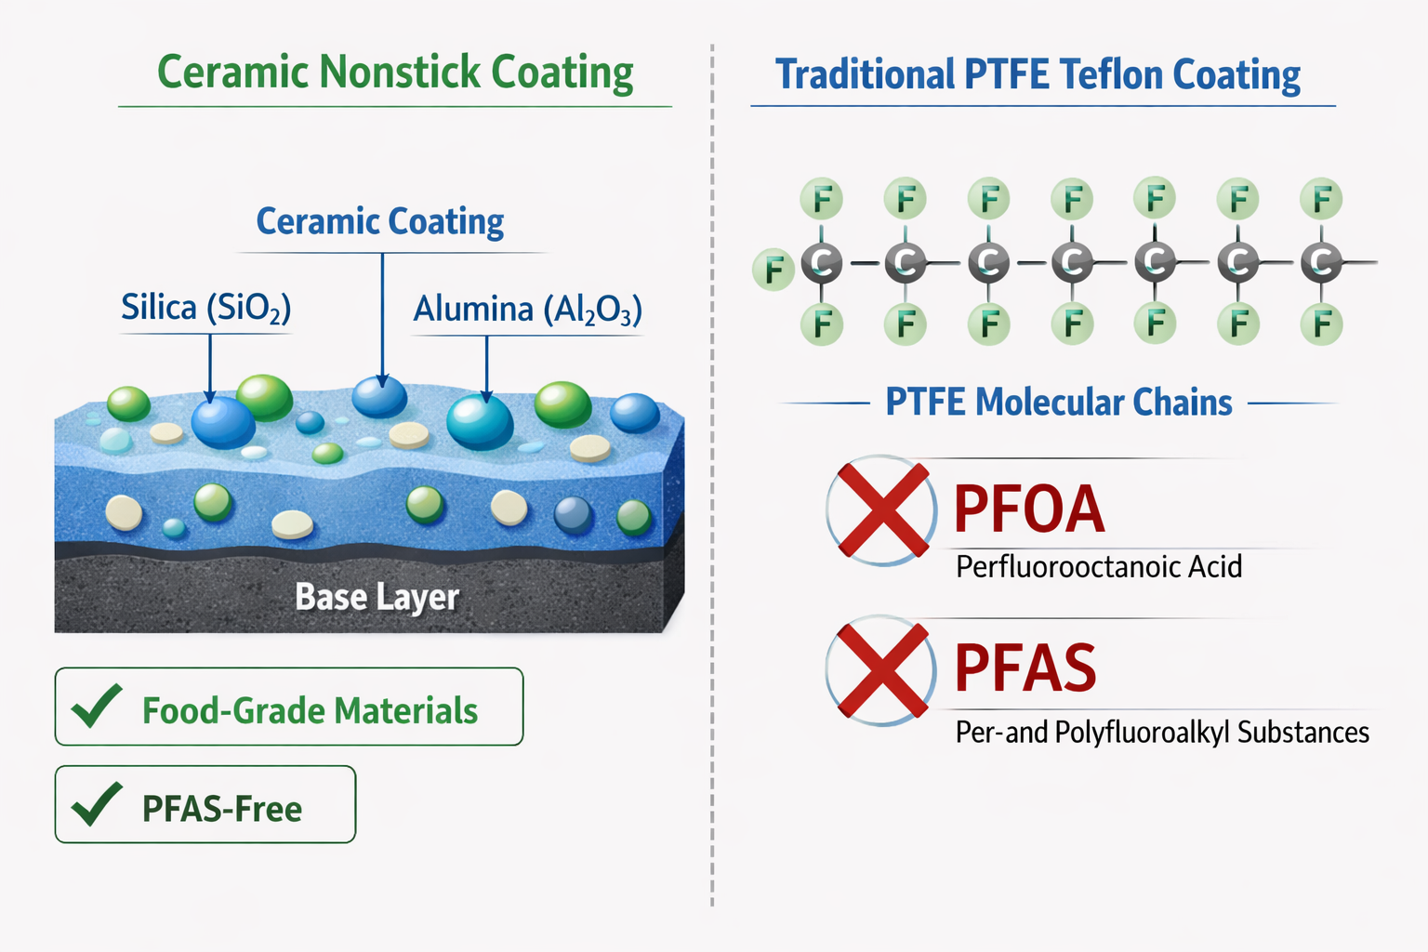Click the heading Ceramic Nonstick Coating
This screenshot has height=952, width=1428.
click(395, 73)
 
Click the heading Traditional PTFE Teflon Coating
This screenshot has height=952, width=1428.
click(1038, 74)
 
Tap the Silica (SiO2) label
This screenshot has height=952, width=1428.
click(206, 308)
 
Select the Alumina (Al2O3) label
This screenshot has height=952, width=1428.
click(527, 309)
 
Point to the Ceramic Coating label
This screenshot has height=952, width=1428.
click(379, 221)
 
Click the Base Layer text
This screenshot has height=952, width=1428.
click(377, 597)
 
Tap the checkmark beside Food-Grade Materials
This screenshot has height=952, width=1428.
click(97, 707)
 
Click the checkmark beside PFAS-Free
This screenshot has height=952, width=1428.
click(97, 805)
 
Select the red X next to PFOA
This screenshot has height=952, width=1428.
click(881, 510)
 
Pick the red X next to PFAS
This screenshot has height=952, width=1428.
click(881, 670)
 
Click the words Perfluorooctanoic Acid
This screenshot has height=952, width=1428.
click(1098, 567)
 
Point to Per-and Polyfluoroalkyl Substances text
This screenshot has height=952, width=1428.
click(1162, 733)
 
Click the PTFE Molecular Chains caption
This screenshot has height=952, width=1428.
click(1058, 403)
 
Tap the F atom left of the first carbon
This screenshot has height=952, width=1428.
click(773, 271)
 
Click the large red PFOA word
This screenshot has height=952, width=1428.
click(1029, 509)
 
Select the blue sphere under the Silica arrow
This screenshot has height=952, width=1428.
click(223, 422)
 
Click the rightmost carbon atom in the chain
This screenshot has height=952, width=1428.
click(1321, 263)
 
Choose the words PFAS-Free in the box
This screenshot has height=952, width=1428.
click(221, 809)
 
